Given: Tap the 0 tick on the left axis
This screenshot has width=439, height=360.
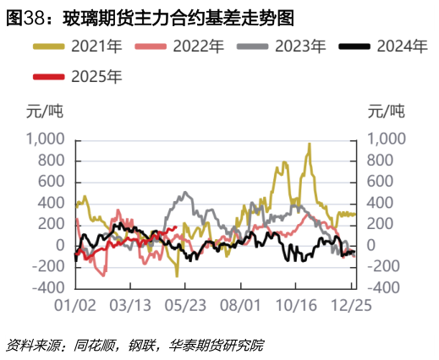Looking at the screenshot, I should point(60,246).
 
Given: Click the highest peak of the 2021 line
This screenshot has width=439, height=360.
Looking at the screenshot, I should point(310,145).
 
